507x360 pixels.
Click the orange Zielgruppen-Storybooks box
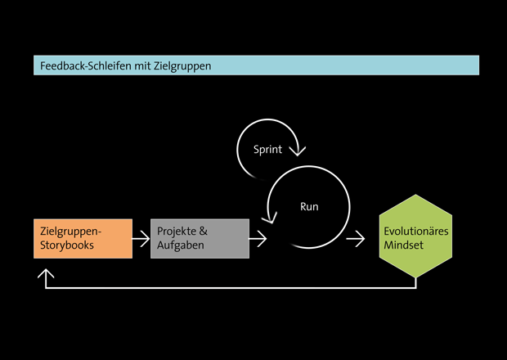click(x=83, y=238)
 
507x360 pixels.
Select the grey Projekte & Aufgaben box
click(x=200, y=238)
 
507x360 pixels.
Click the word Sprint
click(x=267, y=150)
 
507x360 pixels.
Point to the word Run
click(x=309, y=207)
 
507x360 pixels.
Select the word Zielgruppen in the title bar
click(x=184, y=65)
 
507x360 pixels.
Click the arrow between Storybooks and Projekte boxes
click(x=141, y=238)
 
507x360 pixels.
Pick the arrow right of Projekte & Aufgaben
click(x=258, y=238)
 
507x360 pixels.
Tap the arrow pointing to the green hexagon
click(x=356, y=238)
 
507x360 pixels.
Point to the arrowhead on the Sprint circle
click(x=299, y=150)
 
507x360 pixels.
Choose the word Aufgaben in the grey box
click(x=180, y=245)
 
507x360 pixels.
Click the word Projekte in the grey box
click(x=177, y=232)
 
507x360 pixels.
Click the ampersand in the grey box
click(x=203, y=232)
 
